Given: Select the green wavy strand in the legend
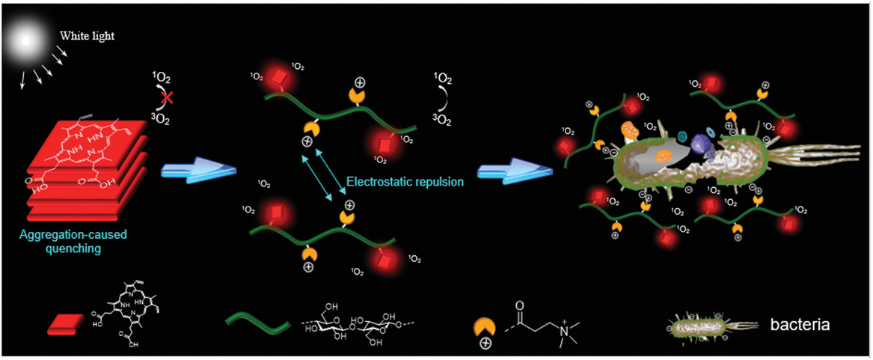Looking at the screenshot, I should (257, 323).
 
